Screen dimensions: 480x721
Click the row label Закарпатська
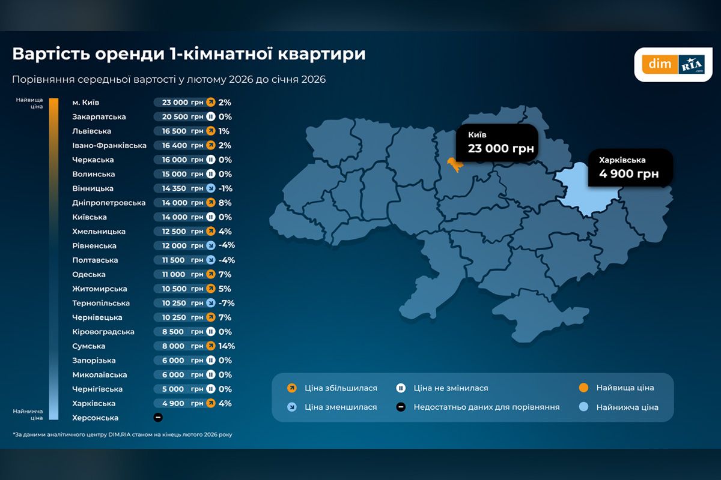99,117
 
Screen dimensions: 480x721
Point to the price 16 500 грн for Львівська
183,131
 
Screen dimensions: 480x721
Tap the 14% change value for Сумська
227,346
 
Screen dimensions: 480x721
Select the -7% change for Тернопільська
226,303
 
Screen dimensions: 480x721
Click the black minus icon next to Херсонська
158,418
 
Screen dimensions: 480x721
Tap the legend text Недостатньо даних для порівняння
486,407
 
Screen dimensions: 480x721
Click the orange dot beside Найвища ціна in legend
583,388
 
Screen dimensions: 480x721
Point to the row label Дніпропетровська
109,203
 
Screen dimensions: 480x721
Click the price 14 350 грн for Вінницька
183,188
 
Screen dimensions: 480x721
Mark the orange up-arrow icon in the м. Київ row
211,103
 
